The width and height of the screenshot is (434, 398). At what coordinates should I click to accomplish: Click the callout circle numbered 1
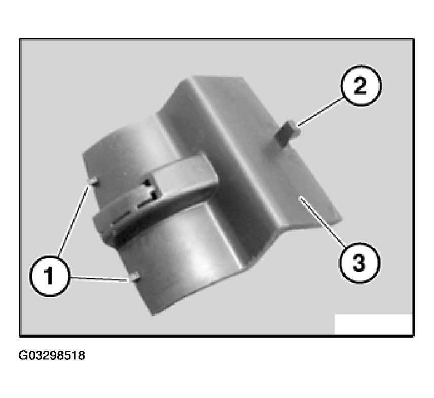49,276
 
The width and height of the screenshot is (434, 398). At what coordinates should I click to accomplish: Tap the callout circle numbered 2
361,86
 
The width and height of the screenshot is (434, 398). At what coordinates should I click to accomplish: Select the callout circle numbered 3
359,263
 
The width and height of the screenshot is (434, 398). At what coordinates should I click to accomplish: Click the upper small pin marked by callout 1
93,182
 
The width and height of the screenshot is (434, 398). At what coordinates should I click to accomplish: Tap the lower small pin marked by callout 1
135,276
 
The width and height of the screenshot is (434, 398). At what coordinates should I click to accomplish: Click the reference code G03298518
52,355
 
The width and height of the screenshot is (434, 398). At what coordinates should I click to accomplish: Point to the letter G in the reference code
23,355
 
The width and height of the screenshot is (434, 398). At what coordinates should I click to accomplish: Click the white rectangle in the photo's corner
373,324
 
